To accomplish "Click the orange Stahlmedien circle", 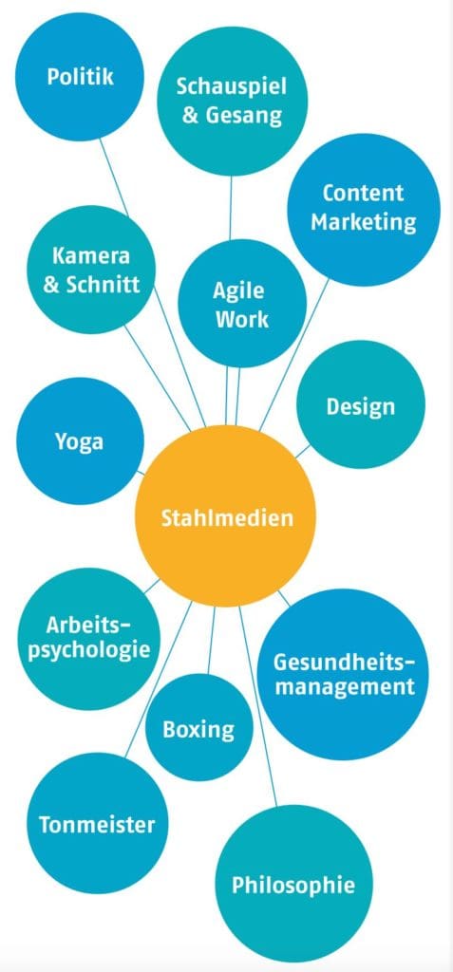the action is pyautogui.click(x=226, y=515).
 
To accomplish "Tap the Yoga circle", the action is pyautogui.click(x=80, y=440).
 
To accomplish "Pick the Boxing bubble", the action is pyautogui.click(x=199, y=727).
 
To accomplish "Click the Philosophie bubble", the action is pyautogui.click(x=293, y=883).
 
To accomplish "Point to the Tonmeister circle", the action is pyautogui.click(x=97, y=823).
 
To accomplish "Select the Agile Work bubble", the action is pyautogui.click(x=242, y=303).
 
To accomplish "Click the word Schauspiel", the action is pyautogui.click(x=232, y=86).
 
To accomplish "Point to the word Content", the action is pyautogui.click(x=363, y=192).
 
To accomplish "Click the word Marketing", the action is pyautogui.click(x=364, y=221).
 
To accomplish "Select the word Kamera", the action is pyautogui.click(x=90, y=255).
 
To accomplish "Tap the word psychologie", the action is pyautogui.click(x=89, y=651).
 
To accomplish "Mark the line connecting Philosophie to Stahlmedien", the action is pyautogui.click(x=258, y=705).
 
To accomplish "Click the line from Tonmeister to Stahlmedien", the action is pyautogui.click(x=159, y=679).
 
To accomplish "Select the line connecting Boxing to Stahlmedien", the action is pyautogui.click(x=211, y=640).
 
